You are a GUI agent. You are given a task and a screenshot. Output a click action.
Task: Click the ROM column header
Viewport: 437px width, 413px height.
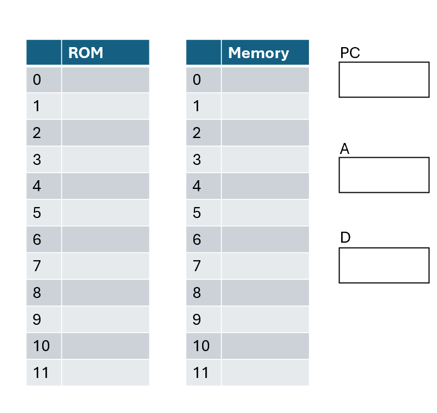(86, 53)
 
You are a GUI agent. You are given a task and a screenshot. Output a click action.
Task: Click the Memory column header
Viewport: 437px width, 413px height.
(258, 53)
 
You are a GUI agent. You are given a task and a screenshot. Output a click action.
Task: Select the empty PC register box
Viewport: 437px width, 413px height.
(383, 79)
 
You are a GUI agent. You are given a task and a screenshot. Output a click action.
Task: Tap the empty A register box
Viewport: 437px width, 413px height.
(383, 175)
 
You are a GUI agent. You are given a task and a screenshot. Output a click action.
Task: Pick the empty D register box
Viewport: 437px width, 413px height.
(383, 265)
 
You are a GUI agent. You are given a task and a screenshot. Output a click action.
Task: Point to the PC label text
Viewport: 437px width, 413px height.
(350, 53)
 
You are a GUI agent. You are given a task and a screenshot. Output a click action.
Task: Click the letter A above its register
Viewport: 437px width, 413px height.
(344, 149)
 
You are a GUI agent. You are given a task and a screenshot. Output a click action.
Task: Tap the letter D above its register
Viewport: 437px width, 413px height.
(345, 238)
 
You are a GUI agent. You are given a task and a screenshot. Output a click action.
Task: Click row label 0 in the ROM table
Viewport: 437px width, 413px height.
(37, 80)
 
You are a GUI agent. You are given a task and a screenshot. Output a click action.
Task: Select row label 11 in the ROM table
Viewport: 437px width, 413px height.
(41, 373)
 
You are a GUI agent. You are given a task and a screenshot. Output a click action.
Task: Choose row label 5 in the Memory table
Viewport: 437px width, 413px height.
(197, 213)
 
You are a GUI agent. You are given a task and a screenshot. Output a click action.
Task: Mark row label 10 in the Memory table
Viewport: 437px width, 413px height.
(201, 346)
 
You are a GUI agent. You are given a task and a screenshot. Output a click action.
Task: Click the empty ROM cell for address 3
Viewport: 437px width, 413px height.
(105, 160)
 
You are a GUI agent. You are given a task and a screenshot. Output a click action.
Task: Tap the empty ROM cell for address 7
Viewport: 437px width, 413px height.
(105, 266)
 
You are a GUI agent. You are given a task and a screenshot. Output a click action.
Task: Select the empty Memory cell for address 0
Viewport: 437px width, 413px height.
(265, 80)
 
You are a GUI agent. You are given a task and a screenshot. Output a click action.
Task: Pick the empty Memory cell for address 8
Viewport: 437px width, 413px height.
(265, 293)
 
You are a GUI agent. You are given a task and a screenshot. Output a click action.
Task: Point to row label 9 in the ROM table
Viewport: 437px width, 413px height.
(37, 320)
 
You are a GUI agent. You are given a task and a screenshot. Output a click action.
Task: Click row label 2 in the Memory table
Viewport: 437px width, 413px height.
(197, 133)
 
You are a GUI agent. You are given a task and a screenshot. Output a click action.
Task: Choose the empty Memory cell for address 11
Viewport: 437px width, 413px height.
(265, 373)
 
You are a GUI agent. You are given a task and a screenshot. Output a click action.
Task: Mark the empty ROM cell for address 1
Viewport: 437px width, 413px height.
(105, 106)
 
